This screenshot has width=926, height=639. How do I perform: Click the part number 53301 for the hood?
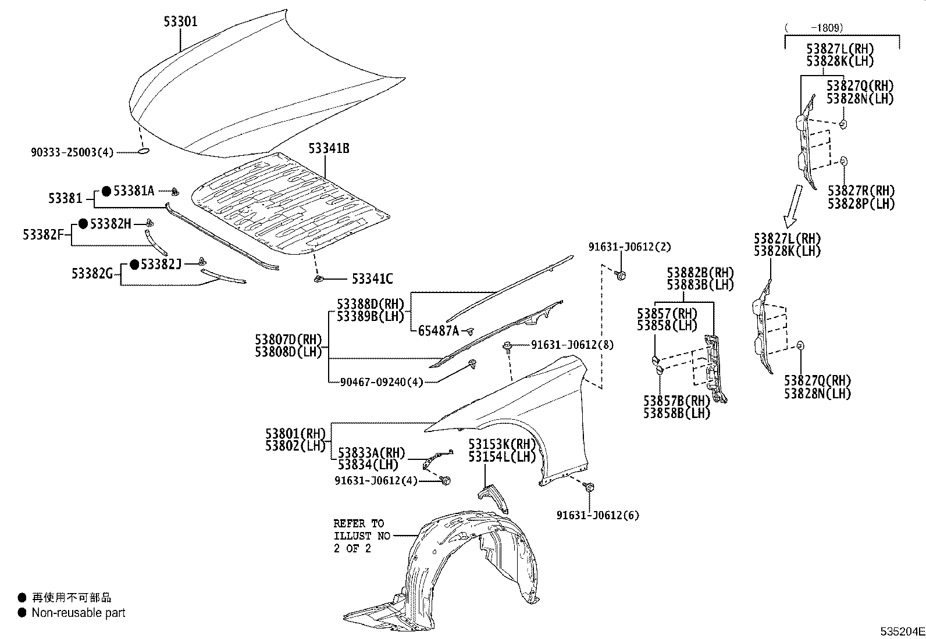[180, 22]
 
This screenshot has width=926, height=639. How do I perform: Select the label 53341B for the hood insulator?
[329, 149]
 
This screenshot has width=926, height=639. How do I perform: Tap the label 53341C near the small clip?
[372, 279]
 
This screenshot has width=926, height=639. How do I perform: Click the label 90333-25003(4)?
[72, 152]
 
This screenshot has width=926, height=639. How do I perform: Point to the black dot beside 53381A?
[106, 190]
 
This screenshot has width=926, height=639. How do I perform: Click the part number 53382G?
[92, 273]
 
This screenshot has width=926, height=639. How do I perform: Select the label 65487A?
[439, 331]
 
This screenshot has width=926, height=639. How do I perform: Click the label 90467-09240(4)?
[382, 382]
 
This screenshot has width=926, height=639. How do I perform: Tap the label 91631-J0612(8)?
[572, 345]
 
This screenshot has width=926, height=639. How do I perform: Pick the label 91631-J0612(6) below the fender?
[597, 515]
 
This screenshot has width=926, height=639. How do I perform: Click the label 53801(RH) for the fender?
[294, 434]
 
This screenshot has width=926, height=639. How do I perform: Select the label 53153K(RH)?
[502, 444]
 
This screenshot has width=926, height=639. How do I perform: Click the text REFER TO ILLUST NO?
[361, 530]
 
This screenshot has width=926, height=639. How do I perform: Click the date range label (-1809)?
[814, 27]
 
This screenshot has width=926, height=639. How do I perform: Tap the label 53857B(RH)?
[676, 401]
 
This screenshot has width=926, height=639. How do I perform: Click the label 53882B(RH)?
[700, 273]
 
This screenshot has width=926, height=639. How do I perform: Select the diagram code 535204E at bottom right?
[902, 631]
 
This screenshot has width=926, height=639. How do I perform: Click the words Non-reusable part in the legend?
[79, 612]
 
